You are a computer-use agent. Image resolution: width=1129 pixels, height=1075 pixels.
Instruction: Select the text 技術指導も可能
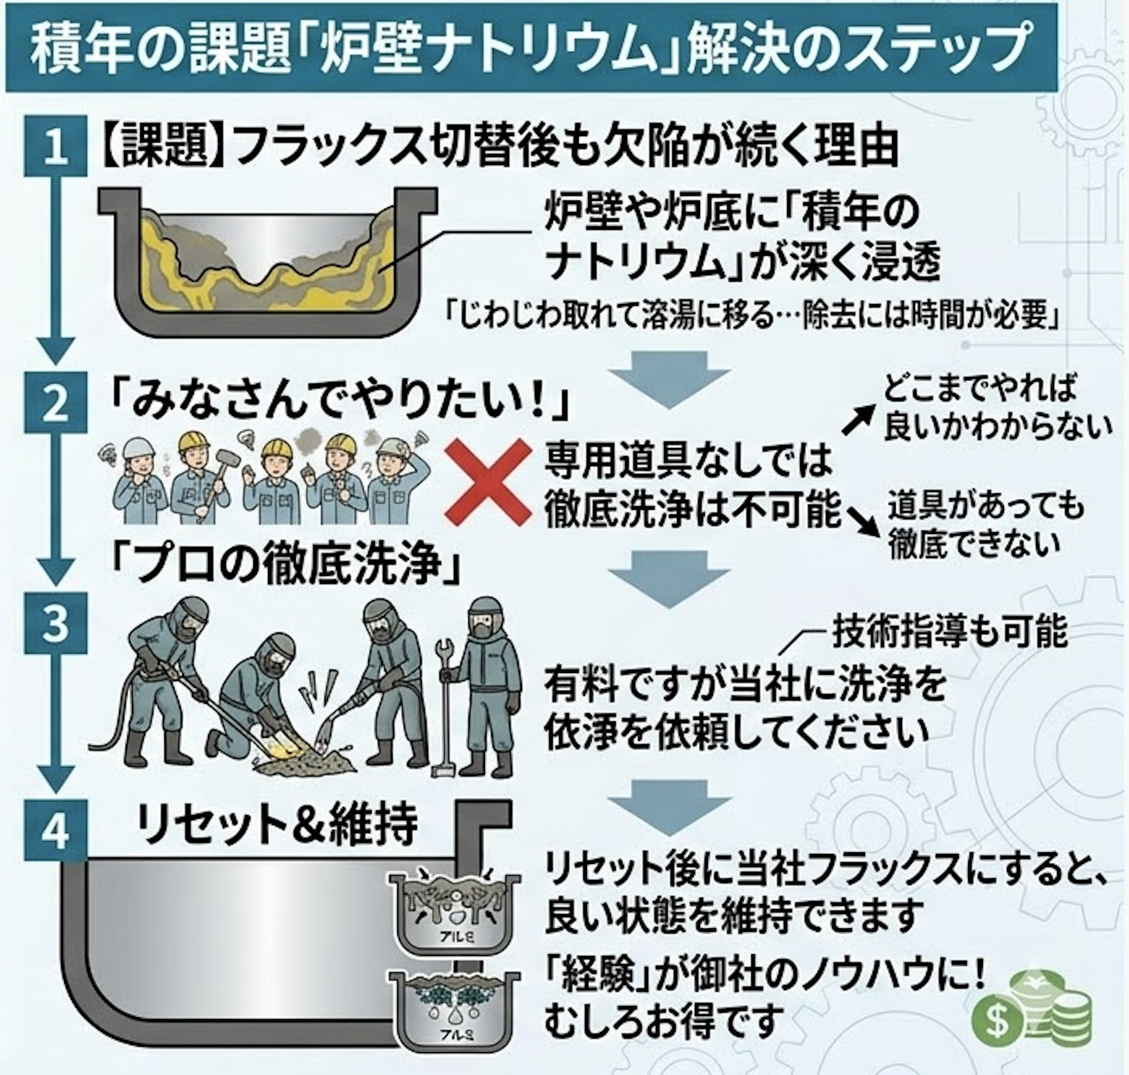[949, 633]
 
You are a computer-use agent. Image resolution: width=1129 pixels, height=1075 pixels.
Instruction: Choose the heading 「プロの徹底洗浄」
[286, 562]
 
